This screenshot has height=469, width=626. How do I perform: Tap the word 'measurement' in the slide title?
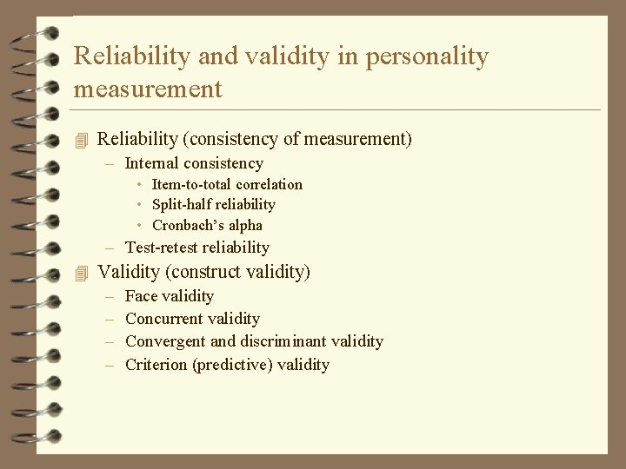[x=148, y=89]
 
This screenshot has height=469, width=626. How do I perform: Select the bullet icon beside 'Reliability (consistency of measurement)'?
[x=83, y=139]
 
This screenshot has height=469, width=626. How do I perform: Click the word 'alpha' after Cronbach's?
[x=245, y=226]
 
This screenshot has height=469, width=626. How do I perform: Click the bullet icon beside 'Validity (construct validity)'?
[x=83, y=273]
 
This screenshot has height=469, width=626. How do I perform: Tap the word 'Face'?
[x=142, y=296]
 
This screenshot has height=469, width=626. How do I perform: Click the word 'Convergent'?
[x=165, y=341]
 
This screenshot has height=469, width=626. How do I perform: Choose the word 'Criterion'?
[x=157, y=365]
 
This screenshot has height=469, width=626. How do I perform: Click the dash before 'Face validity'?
[x=110, y=296]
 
